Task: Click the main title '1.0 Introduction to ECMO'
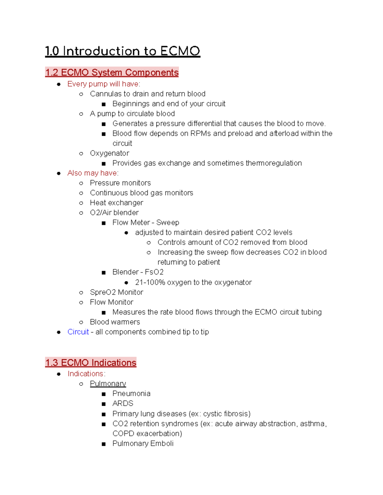pyautogui.click(x=123, y=51)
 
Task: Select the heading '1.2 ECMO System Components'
pyautogui.click(x=112, y=73)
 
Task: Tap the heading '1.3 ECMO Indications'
pyautogui.click(x=91, y=363)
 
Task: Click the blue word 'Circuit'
pyautogui.click(x=78, y=332)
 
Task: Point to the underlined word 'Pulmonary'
pyautogui.click(x=108, y=383)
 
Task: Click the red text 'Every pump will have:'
pyautogui.click(x=104, y=84)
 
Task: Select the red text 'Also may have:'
pyautogui.click(x=93, y=173)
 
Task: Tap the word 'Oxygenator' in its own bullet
pyautogui.click(x=109, y=153)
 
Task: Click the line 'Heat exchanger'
pyautogui.click(x=116, y=203)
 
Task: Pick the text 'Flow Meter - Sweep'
pyautogui.click(x=146, y=222)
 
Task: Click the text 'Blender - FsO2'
pyautogui.click(x=138, y=272)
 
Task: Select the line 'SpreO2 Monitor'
pyautogui.click(x=116, y=292)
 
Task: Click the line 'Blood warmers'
pyautogui.click(x=115, y=322)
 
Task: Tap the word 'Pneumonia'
pyautogui.click(x=131, y=394)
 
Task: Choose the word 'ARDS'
pyautogui.click(x=123, y=404)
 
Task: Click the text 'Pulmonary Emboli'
pyautogui.click(x=143, y=443)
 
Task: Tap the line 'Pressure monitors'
pyautogui.click(x=120, y=183)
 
